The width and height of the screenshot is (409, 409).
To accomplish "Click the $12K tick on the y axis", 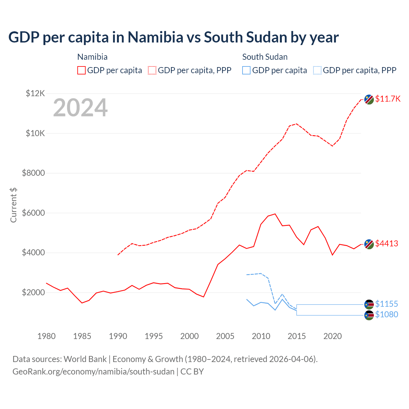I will pyautogui.click(x=35, y=93).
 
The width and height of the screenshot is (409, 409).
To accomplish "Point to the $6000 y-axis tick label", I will pyautogui.click(x=33, y=213).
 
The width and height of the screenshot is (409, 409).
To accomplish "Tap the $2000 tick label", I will pyautogui.click(x=33, y=292).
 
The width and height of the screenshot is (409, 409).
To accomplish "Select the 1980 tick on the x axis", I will pyautogui.click(x=47, y=336).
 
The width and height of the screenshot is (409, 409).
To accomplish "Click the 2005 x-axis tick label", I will pyautogui.click(x=225, y=336).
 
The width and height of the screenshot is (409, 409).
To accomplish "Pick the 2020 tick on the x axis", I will pyautogui.click(x=333, y=336).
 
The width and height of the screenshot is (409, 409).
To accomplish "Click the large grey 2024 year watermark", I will pyautogui.click(x=80, y=108).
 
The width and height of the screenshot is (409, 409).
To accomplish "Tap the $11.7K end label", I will pyautogui.click(x=388, y=99).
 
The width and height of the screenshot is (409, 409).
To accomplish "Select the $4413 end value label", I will pyautogui.click(x=387, y=243).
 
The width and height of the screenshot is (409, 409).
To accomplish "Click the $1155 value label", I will pyautogui.click(x=387, y=304).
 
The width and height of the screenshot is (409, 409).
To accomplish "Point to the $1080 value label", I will pyautogui.click(x=387, y=314).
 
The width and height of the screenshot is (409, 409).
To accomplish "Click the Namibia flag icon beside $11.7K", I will pyautogui.click(x=369, y=99).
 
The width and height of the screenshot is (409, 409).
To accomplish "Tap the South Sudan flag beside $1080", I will pyautogui.click(x=369, y=315).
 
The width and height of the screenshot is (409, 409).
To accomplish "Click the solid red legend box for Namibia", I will pyautogui.click(x=81, y=70).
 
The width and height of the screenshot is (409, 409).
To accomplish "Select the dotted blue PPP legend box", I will pyautogui.click(x=317, y=70).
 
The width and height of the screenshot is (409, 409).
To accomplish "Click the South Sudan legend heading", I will pyautogui.click(x=265, y=57).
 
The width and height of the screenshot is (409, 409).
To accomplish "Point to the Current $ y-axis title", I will pyautogui.click(x=13, y=205).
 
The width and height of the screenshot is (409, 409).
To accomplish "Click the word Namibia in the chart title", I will pyautogui.click(x=155, y=37).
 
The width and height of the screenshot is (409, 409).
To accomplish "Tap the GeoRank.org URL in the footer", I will pyautogui.click(x=93, y=372).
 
